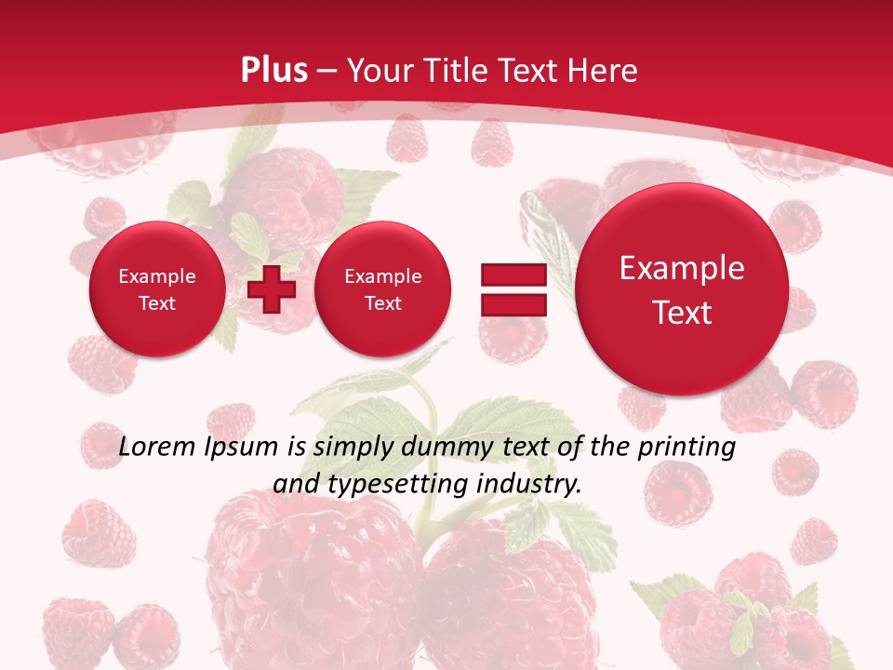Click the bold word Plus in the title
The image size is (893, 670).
273,71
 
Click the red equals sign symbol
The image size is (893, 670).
513,289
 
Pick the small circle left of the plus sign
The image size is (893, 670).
157,289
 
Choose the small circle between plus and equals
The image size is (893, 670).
383,289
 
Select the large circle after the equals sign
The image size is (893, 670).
682,289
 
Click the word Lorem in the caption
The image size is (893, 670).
158,447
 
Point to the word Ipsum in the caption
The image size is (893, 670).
243,447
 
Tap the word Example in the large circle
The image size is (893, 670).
682,268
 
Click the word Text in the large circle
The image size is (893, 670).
682,313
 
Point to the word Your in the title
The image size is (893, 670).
377,71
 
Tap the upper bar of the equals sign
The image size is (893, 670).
513,275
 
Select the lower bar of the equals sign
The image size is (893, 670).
513,304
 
